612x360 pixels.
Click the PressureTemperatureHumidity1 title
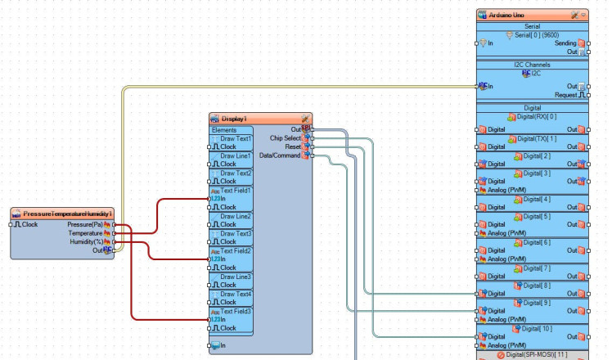point(67,214)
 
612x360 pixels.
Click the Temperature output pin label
point(85,232)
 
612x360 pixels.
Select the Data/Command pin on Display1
point(280,155)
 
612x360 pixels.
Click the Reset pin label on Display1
point(292,146)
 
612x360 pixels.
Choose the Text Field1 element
point(236,190)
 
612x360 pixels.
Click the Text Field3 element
point(236,311)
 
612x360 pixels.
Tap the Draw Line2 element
point(236,216)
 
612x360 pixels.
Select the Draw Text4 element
point(236,294)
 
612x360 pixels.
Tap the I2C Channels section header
point(532,65)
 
